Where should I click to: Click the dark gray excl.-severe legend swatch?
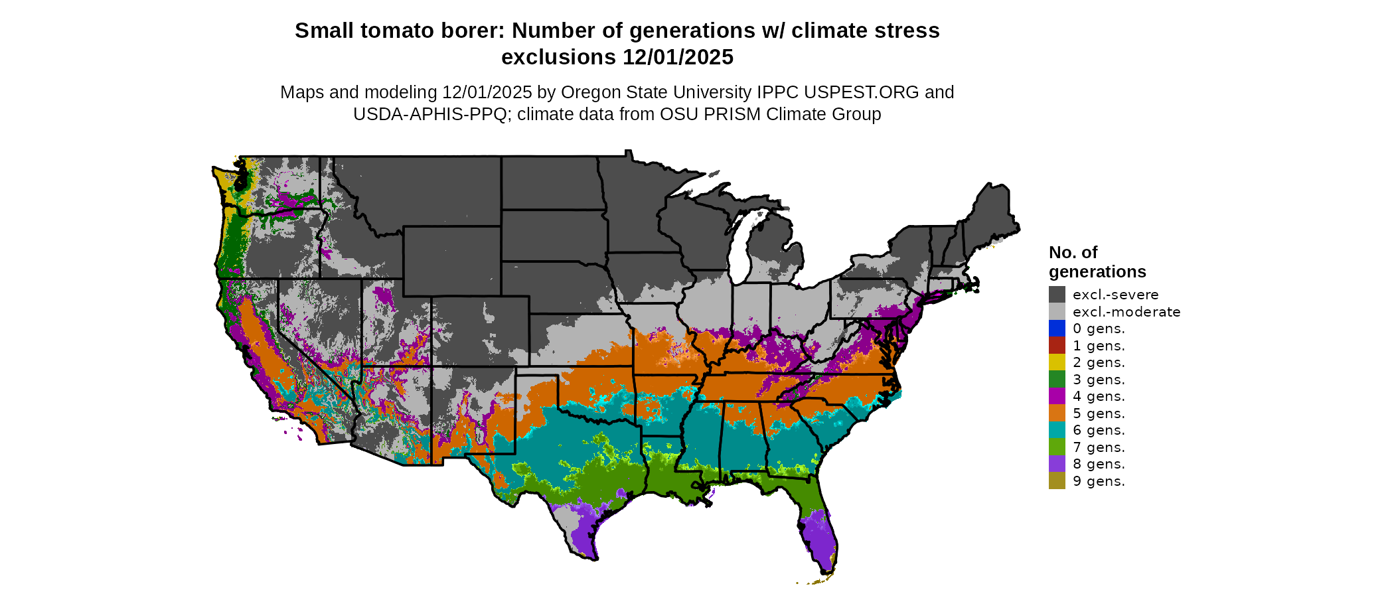tap(1057, 295)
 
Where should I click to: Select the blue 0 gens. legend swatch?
tap(1057, 329)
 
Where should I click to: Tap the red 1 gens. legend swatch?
tap(1057, 346)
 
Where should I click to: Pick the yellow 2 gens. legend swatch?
tap(1057, 362)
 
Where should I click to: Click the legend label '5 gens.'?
tap(1099, 413)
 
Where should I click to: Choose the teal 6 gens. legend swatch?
tap(1057, 430)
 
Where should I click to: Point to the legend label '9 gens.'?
tap(1099, 481)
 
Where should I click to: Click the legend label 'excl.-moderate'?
tap(1126, 312)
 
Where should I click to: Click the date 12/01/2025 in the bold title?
tap(678, 57)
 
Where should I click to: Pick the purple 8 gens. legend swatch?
tap(1057, 464)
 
